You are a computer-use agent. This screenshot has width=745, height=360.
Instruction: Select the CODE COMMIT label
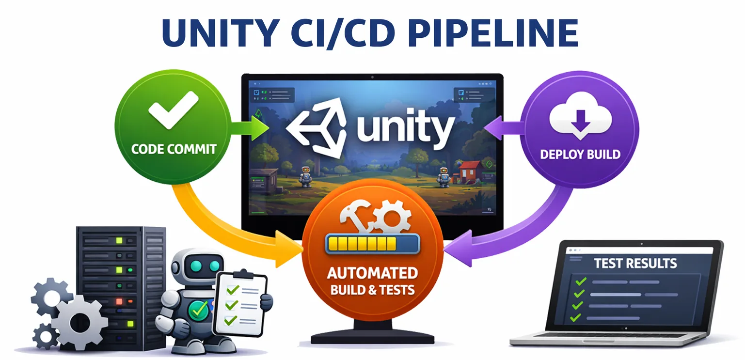pyautogui.click(x=173, y=149)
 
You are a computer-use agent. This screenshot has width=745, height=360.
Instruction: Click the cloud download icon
pyautogui.click(x=580, y=118)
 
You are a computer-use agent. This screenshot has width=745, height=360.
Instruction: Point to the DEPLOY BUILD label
pyautogui.click(x=580, y=155)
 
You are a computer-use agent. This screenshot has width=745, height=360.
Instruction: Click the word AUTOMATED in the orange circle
pyautogui.click(x=372, y=273)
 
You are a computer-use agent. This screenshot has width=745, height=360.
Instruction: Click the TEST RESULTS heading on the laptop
pyautogui.click(x=635, y=264)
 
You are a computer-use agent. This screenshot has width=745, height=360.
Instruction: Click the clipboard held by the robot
pyautogui.click(x=241, y=302)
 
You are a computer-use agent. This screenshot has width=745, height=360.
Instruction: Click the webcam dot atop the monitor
pyautogui.click(x=372, y=77)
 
